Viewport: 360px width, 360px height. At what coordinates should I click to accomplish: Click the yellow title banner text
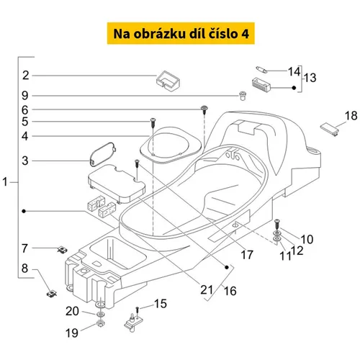pyautogui.click(x=181, y=34)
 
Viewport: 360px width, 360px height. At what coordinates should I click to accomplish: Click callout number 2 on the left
pyautogui.click(x=26, y=76)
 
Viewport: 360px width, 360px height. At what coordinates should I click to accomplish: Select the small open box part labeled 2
pyautogui.click(x=168, y=81)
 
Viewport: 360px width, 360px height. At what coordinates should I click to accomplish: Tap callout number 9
pyautogui.click(x=25, y=96)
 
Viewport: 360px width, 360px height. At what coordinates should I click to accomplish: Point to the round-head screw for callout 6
pyautogui.click(x=204, y=109)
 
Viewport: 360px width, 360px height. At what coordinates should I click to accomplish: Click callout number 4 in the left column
pyautogui.click(x=25, y=136)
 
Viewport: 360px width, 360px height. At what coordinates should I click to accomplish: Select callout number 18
pyautogui.click(x=351, y=116)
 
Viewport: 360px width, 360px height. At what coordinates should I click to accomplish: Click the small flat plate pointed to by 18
pyautogui.click(x=330, y=130)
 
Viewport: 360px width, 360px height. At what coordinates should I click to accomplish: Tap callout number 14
pyautogui.click(x=294, y=71)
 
